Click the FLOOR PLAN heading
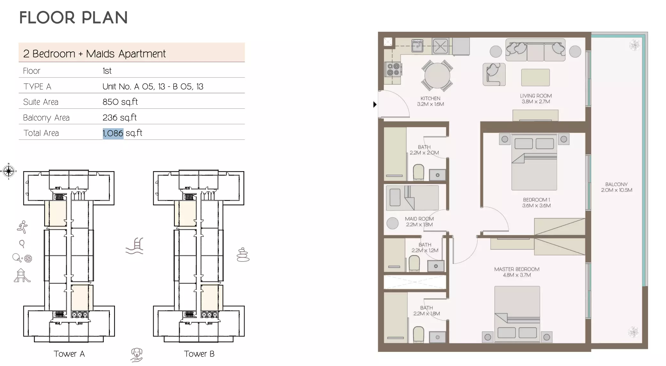pyautogui.click(x=73, y=18)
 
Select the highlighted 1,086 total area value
pyautogui.click(x=113, y=133)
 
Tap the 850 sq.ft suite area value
pyautogui.click(x=120, y=102)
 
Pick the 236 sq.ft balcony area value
pyautogui.click(x=119, y=118)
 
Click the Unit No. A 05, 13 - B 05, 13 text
pyautogui.click(x=153, y=87)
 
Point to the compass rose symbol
pyautogui.click(x=9, y=171)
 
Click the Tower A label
pyautogui.click(x=69, y=354)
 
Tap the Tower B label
pyautogui.click(x=199, y=354)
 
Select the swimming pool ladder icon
pyautogui.click(x=135, y=246)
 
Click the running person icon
pyautogui.click(x=22, y=227)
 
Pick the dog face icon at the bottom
pyautogui.click(x=137, y=355)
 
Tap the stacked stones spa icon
pyautogui.click(x=243, y=255)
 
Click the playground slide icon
pyautogui.click(x=22, y=276)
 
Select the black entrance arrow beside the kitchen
pyautogui.click(x=375, y=104)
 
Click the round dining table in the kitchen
pyautogui.click(x=437, y=76)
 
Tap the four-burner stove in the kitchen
pyautogui.click(x=393, y=70)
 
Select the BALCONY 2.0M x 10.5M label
pyautogui.click(x=616, y=187)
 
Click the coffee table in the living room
pyautogui.click(x=535, y=78)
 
